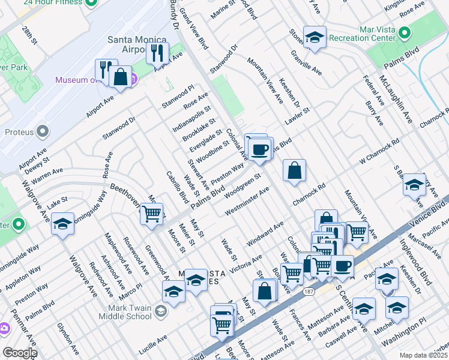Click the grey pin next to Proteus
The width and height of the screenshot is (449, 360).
(x=43, y=131)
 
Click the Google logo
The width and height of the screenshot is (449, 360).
(x=20, y=353)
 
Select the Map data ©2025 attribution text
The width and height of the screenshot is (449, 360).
(x=424, y=355)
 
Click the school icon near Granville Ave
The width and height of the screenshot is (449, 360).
(x=315, y=38)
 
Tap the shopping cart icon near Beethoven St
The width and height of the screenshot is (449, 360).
(x=152, y=213)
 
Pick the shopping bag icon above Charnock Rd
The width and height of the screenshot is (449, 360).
(x=294, y=170)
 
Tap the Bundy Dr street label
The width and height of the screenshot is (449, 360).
(x=176, y=19)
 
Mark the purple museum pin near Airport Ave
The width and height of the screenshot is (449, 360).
(x=133, y=79)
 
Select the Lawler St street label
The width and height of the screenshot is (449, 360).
(x=297, y=112)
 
